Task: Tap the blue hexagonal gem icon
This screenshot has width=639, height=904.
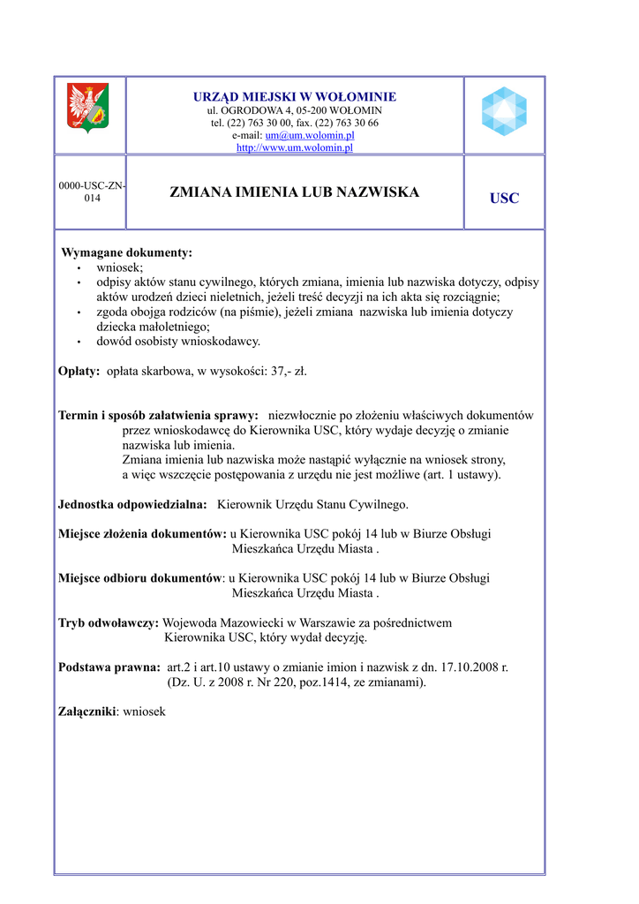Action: pos(504,111)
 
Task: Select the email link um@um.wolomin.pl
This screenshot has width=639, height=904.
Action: pos(322,135)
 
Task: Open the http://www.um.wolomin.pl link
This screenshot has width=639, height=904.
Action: pos(295,147)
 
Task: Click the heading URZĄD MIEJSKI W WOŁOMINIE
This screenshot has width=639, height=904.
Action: pos(295,96)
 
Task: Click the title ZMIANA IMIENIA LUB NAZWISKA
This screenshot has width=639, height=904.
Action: pos(294,192)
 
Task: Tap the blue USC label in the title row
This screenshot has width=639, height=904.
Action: pos(504,199)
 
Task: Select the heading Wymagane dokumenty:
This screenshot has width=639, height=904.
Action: pos(126,252)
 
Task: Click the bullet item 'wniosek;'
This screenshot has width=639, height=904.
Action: pos(119,267)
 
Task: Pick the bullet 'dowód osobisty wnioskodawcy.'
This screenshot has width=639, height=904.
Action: pos(178,341)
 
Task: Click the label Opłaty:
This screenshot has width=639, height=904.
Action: pos(79,372)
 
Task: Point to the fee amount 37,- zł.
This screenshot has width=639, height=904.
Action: pos(289,372)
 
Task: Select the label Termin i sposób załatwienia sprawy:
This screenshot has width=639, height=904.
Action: pos(158,415)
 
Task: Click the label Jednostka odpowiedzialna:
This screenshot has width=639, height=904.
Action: pos(132,504)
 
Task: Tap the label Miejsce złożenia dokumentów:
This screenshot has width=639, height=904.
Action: pos(142,534)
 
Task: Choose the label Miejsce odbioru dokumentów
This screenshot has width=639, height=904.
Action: pos(139,578)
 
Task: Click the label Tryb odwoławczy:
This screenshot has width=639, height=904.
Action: pos(108,622)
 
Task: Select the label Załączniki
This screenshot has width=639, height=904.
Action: pos(86,712)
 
